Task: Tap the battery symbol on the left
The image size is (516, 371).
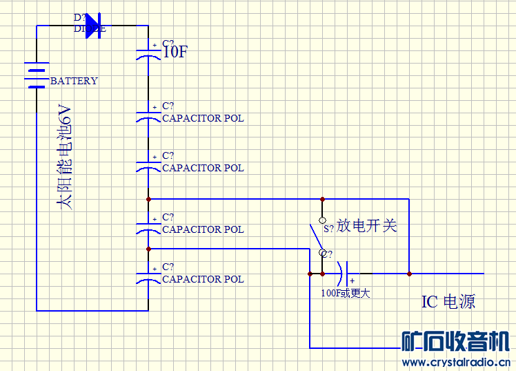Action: [36, 75]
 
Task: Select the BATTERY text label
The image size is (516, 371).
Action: [74, 81]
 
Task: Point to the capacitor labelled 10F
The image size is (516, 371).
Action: [148, 53]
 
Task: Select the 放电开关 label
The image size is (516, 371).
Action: [367, 226]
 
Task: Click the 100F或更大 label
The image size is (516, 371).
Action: [346, 293]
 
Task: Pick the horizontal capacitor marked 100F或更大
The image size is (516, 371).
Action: [344, 274]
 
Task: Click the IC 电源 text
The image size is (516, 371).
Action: [448, 302]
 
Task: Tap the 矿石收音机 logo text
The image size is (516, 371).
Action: [456, 341]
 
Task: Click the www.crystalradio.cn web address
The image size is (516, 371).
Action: [456, 362]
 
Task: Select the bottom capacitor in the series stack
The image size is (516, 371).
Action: [148, 277]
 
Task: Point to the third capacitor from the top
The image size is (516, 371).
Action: [148, 165]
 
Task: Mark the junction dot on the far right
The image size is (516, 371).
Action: [409, 274]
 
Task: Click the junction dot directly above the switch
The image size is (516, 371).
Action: [322, 199]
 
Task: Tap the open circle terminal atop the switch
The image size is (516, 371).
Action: [322, 220]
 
